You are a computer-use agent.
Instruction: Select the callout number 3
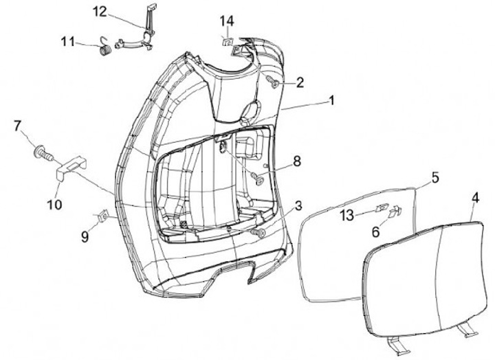click(298, 206)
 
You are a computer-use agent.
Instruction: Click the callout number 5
click(434, 177)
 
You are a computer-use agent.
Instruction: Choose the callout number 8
click(297, 161)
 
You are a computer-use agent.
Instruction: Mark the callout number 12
click(100, 11)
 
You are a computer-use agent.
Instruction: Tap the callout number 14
click(227, 20)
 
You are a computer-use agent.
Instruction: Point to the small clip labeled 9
click(103, 216)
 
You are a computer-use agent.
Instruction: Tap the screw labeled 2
click(271, 83)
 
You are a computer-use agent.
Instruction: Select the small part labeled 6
click(395, 212)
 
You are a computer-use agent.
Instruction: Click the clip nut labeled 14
click(228, 41)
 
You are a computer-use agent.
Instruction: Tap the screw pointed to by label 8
click(259, 178)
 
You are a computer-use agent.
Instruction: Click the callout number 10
click(54, 204)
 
